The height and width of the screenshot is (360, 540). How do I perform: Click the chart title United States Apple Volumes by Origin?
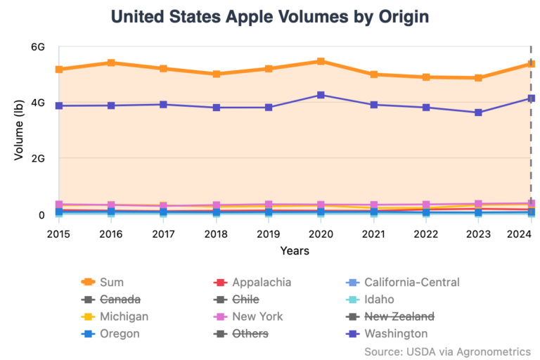point(270,16)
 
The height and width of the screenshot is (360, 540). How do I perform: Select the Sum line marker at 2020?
point(321,61)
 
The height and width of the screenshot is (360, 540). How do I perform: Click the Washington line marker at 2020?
point(321,95)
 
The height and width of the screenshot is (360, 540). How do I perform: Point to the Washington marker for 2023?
point(479,112)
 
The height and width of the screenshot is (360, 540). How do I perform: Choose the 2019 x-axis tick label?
point(269,233)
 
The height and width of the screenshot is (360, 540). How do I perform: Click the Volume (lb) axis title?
point(19,131)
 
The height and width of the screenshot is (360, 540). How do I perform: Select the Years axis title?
point(295,250)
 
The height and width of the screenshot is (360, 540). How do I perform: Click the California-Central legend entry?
point(411,283)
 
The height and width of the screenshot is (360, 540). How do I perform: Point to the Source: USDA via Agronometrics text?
point(447,350)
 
